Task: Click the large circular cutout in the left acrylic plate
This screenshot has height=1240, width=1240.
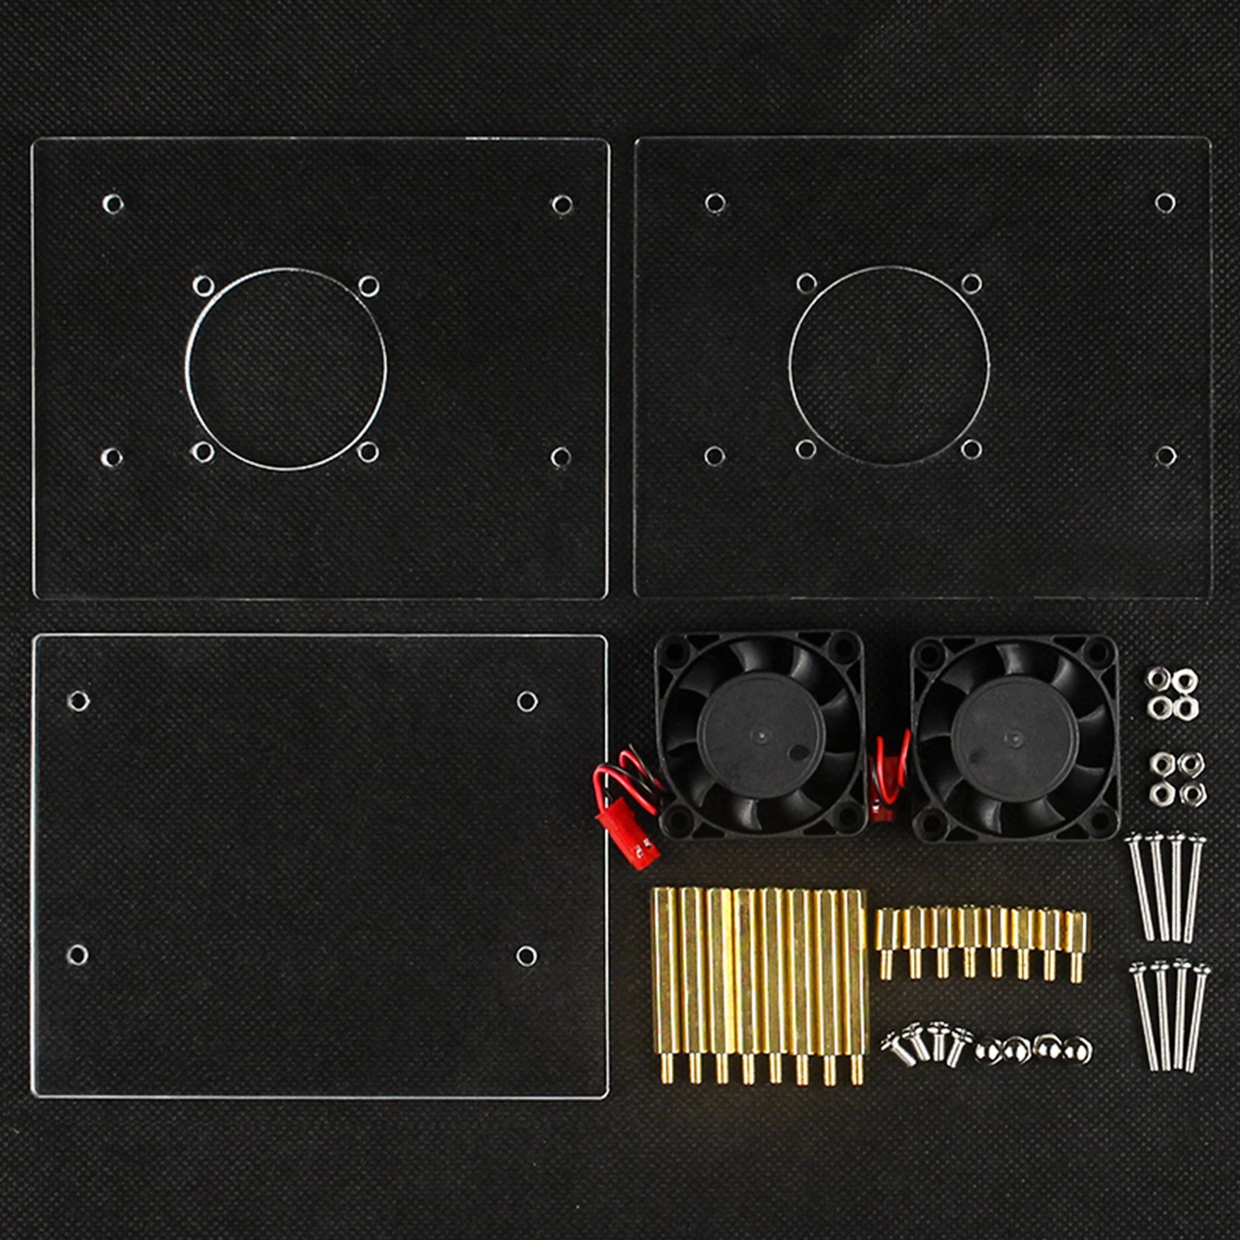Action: click(x=286, y=369)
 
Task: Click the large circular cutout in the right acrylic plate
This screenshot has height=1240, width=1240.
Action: click(x=889, y=366)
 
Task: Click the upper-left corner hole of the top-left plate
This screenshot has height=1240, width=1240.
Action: click(x=112, y=204)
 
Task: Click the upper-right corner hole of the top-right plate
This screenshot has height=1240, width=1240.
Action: click(x=1165, y=203)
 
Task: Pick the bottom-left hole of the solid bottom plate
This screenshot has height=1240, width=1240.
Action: click(x=77, y=954)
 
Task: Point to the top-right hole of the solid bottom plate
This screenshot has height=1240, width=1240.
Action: click(x=527, y=701)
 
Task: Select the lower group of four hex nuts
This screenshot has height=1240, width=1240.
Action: click(x=1176, y=778)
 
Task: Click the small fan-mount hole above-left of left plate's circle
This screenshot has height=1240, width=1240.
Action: click(x=203, y=286)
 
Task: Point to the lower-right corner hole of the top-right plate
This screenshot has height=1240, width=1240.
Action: click(x=1165, y=456)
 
